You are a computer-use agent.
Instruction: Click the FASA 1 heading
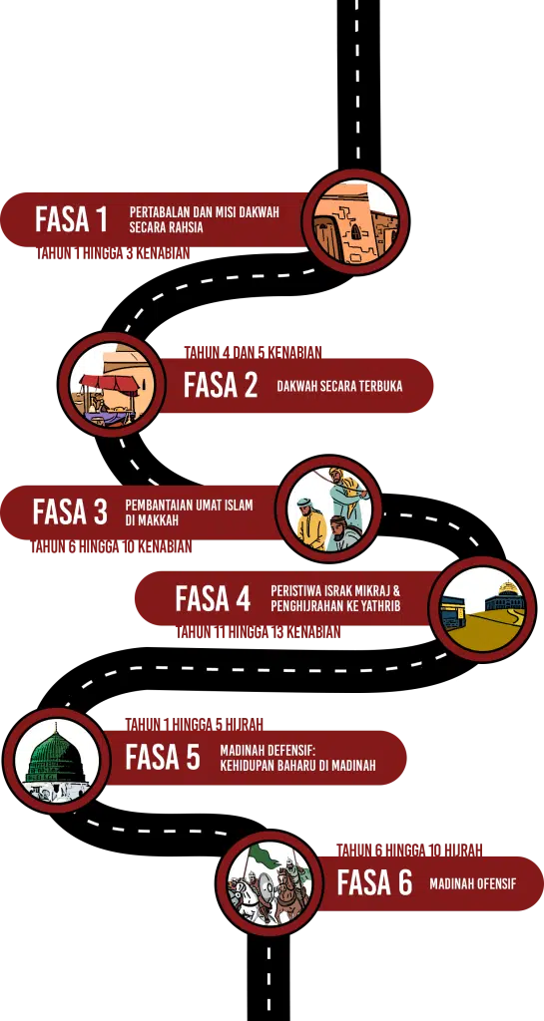point(71,219)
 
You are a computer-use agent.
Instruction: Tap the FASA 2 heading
point(221,385)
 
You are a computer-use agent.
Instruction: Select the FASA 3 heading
point(70,511)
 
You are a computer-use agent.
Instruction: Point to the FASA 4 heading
point(213,598)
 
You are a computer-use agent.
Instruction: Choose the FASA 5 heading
point(163,758)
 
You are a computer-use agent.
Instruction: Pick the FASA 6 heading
point(374,883)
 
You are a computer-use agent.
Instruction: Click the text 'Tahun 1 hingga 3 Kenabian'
point(113,253)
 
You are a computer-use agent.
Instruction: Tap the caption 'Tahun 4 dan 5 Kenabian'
point(253,352)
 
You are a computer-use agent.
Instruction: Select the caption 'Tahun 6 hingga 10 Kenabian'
point(111,546)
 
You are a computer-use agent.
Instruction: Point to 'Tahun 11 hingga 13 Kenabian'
point(258,631)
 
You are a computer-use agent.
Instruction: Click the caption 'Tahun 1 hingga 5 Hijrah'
point(195,725)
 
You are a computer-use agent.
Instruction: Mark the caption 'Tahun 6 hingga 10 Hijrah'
point(410,851)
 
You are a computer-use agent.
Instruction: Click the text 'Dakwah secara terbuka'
point(339,386)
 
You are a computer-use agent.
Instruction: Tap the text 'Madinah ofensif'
point(473,884)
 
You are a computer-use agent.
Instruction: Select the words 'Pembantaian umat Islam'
point(189,506)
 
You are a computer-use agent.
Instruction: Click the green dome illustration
point(56,760)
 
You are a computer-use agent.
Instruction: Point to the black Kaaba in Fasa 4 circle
point(452,614)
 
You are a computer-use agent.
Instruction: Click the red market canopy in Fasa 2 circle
point(109,384)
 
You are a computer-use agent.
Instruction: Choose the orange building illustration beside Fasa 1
point(355,220)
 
